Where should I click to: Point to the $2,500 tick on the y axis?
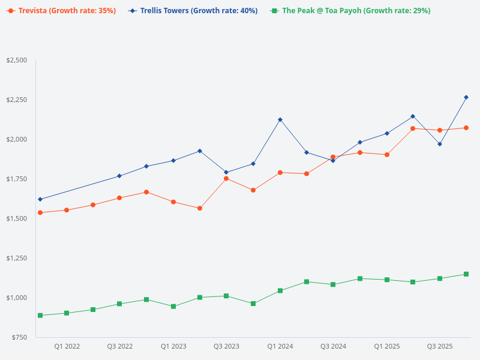[16, 60]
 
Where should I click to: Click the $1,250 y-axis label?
[16, 258]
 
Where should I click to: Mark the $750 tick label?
[20, 337]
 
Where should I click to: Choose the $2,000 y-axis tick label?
[16, 139]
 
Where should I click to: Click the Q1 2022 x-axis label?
[67, 346]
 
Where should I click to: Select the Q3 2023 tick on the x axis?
[226, 346]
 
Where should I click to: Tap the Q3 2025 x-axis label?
[440, 346]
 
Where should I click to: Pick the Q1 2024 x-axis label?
[280, 346]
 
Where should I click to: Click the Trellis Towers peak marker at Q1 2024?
[280, 119]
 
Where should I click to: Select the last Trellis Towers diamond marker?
[466, 97]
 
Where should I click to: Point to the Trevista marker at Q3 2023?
[226, 178]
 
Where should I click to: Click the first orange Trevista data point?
[40, 212]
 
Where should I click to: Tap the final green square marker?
[466, 274]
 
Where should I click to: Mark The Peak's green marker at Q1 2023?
[173, 307]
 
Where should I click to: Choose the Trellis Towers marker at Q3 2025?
[440, 144]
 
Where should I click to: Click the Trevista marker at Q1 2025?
[387, 155]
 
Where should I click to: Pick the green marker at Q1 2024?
[280, 290]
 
